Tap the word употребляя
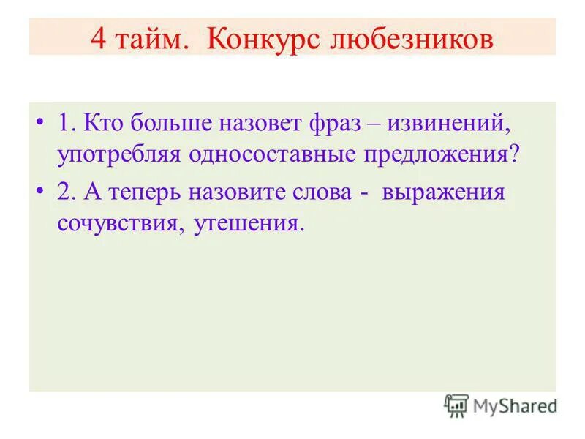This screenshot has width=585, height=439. pos(121,155)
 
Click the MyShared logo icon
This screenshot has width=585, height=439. pos(456,405)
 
